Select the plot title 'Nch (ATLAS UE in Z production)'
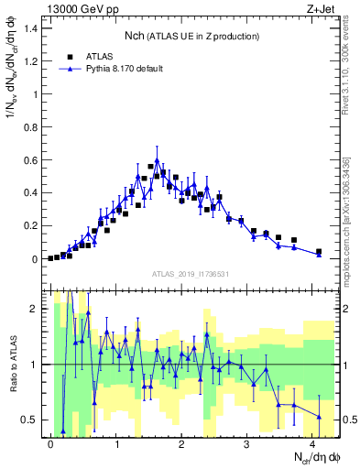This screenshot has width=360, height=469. tap(192, 36)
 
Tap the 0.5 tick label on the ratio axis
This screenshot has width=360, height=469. tap(32, 420)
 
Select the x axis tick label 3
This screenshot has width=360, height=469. tap(246, 443)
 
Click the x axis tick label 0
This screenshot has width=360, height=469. tap(50, 443)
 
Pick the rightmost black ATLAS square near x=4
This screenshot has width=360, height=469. tap(319, 251)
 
